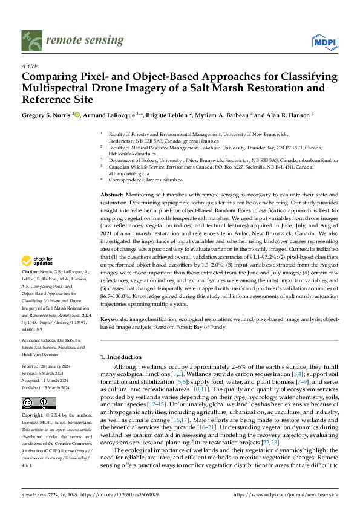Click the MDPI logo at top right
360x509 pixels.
pyautogui.click(x=324, y=41)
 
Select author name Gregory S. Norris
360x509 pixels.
pyautogui.click(x=46, y=114)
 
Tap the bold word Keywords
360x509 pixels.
pyautogui.click(x=114, y=318)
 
